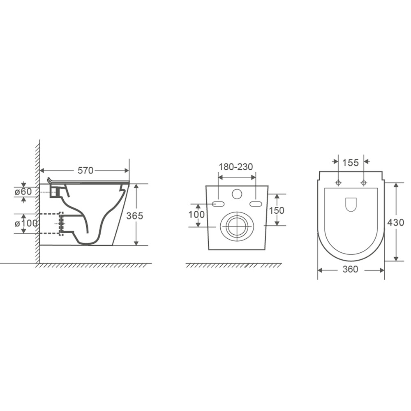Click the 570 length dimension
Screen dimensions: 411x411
click(85, 171)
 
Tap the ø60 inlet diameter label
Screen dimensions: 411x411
click(23, 192)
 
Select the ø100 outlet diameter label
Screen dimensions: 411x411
click(26, 223)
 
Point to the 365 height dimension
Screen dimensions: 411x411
click(135, 216)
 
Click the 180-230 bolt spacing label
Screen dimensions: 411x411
click(236, 167)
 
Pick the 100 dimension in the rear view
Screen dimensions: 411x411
click(196, 215)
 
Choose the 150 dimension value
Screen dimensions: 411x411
click(277, 210)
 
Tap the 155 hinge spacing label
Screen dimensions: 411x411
click(351, 163)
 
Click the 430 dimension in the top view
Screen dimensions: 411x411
click(396, 222)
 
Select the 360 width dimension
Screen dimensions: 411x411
click(350, 269)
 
